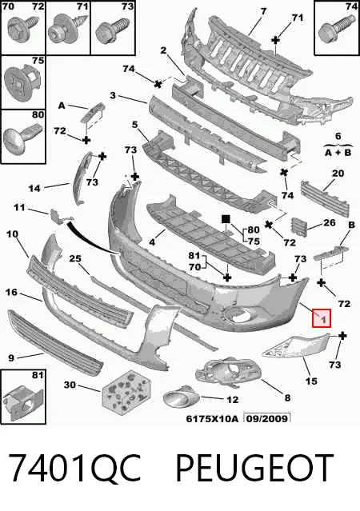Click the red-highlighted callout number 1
pyautogui.click(x=322, y=318)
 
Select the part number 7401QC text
pyautogui.click(x=74, y=469)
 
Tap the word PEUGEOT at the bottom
pyautogui.click(x=254, y=469)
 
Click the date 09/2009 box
pyautogui.click(x=267, y=418)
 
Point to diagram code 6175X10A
pyautogui.click(x=212, y=418)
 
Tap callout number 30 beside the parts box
pyautogui.click(x=70, y=385)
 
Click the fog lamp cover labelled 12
pyautogui.click(x=182, y=398)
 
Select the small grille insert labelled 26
pyautogui.click(x=299, y=227)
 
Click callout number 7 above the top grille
pyautogui.click(x=263, y=11)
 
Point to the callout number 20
pyautogui.click(x=338, y=173)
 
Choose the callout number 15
pyautogui.click(x=311, y=381)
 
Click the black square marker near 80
pyautogui.click(x=226, y=219)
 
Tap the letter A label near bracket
pyautogui.click(x=62, y=106)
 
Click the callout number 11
pyautogui.click(x=19, y=207)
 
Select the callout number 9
pyautogui.click(x=11, y=357)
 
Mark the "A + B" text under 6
pyautogui.click(x=338, y=152)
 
